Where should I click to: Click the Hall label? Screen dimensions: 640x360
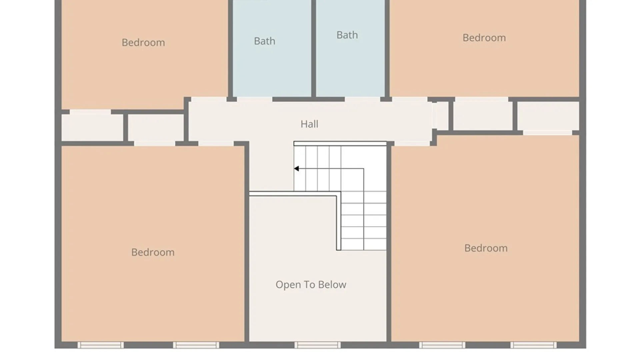click(309, 124)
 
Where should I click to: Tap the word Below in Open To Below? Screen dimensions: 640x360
click(332, 285)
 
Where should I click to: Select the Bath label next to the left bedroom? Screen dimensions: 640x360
click(265, 41)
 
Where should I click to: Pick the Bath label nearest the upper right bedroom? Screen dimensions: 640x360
click(347, 35)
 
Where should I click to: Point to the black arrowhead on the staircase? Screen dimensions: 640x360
click(296, 169)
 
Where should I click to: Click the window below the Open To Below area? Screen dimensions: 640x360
click(318, 345)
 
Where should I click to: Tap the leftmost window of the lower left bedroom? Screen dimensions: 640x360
click(101, 345)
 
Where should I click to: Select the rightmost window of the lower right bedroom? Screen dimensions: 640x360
click(533, 345)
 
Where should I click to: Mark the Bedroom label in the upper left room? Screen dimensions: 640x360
click(143, 43)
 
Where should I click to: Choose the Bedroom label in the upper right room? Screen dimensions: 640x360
click(484, 38)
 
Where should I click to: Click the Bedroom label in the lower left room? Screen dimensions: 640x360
click(153, 252)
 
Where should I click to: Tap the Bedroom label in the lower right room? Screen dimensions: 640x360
click(486, 248)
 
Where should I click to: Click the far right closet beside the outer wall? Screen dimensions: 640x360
click(548, 116)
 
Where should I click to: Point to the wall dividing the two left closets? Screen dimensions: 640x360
click(126, 128)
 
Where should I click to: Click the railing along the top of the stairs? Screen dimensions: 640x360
click(340, 144)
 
